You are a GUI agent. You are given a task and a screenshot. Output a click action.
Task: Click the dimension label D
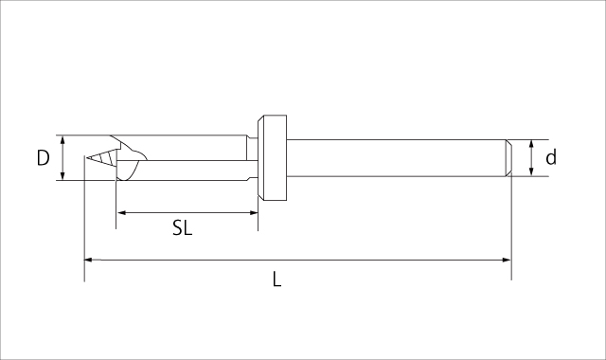tap(43, 158)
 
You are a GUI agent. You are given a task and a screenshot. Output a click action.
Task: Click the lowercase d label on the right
tap(551, 158)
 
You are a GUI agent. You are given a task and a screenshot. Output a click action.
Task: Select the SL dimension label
tap(182, 228)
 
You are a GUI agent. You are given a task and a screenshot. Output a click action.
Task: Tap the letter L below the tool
tap(276, 279)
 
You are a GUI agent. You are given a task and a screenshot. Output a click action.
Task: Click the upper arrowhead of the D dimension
tap(62, 139)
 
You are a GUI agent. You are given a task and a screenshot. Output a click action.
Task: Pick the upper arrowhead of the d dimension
tap(532, 144)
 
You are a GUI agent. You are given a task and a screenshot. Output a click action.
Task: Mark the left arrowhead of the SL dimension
tap(120, 213)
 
